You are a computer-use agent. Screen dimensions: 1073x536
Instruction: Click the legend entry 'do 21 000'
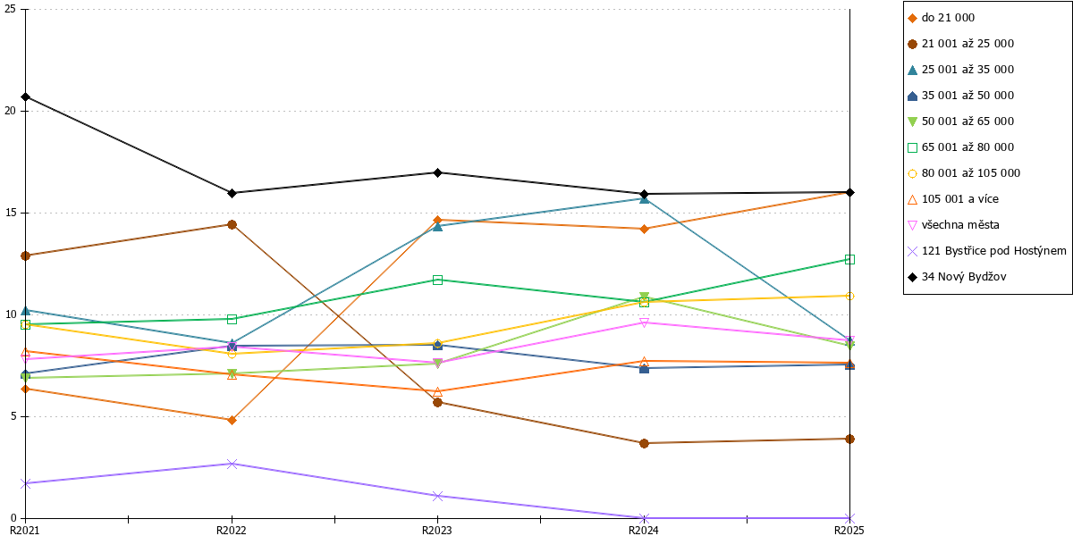(x=942, y=18)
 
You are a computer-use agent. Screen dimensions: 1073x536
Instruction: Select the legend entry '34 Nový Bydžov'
(x=957, y=277)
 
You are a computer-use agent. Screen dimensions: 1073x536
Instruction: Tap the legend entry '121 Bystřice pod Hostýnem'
(x=987, y=251)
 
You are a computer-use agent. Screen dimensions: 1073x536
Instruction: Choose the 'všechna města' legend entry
(x=954, y=225)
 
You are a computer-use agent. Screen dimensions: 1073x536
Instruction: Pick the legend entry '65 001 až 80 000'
(x=961, y=147)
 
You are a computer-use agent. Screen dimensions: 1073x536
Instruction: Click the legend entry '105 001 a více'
(x=953, y=199)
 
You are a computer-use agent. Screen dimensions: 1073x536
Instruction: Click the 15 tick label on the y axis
(x=10, y=213)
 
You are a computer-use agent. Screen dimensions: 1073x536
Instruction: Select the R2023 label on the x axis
(x=437, y=530)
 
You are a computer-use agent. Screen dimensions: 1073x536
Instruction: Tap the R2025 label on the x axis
(x=849, y=530)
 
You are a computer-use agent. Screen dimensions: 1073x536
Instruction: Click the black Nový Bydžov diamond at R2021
(x=26, y=97)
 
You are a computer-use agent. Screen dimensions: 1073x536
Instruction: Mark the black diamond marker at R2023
(x=437, y=172)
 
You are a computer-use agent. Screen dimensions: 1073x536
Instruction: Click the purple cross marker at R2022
(x=232, y=464)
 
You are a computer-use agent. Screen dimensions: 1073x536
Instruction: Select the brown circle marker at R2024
(x=645, y=444)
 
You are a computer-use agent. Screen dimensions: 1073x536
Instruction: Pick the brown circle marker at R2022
(x=232, y=224)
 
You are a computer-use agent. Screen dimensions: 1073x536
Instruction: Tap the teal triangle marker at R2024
(x=645, y=198)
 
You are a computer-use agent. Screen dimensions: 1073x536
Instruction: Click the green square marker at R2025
(x=849, y=259)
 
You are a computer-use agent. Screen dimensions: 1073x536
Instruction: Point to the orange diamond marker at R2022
(x=232, y=420)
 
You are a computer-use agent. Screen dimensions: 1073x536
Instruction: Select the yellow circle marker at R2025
(x=849, y=297)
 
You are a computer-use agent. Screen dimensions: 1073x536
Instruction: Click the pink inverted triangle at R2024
(x=645, y=322)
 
